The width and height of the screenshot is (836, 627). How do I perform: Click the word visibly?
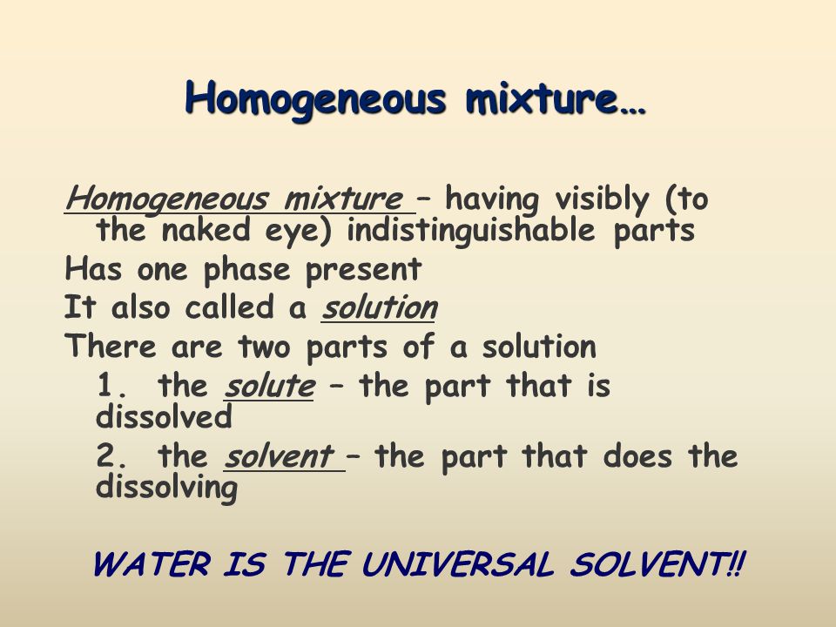point(603,199)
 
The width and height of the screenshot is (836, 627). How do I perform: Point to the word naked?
point(206,230)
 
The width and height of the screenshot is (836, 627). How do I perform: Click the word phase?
point(246,271)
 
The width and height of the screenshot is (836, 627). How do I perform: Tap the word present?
point(364,271)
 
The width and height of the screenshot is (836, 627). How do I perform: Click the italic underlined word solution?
point(379,307)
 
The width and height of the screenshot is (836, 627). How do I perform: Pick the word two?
point(264,347)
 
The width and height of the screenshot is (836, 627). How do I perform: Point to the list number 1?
point(111,385)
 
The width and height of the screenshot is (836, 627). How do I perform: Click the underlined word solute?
point(269,386)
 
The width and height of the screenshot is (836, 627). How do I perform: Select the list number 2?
point(111,455)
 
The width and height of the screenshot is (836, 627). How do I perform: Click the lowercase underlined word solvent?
point(279,455)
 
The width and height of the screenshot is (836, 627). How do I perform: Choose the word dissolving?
point(166,488)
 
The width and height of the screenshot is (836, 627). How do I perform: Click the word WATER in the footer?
point(152,564)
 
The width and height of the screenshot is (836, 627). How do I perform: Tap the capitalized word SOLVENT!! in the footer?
point(657,564)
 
